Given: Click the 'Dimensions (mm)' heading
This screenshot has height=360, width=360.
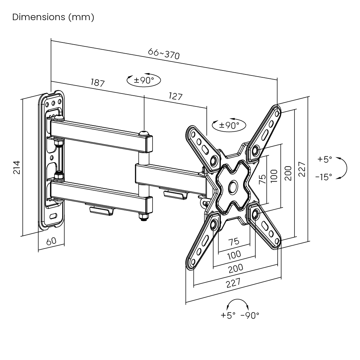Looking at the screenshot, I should tap(53, 17).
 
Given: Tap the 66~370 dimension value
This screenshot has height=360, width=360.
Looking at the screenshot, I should tap(164, 54).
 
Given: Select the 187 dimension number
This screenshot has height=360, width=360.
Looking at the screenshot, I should tap(97, 83).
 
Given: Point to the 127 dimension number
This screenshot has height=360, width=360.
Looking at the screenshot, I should tap(176, 96).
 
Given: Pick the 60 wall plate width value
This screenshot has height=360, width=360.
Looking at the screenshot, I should tap(51, 241).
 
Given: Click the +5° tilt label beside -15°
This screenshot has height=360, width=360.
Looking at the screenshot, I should tap(325, 159).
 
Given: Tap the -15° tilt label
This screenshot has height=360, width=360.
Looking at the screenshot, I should tap(324, 177).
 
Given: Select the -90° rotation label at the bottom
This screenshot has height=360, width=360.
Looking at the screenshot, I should tap(250, 315).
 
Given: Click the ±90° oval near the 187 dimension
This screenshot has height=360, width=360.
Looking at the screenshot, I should tap(144, 80).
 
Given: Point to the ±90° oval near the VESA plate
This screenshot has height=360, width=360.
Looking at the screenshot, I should tap(229, 125).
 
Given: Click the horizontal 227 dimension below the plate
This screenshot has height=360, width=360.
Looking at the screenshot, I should tap(234, 283).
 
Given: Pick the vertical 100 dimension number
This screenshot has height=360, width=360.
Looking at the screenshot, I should tap(274, 176).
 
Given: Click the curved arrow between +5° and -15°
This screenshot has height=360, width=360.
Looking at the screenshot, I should tap(344, 168).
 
